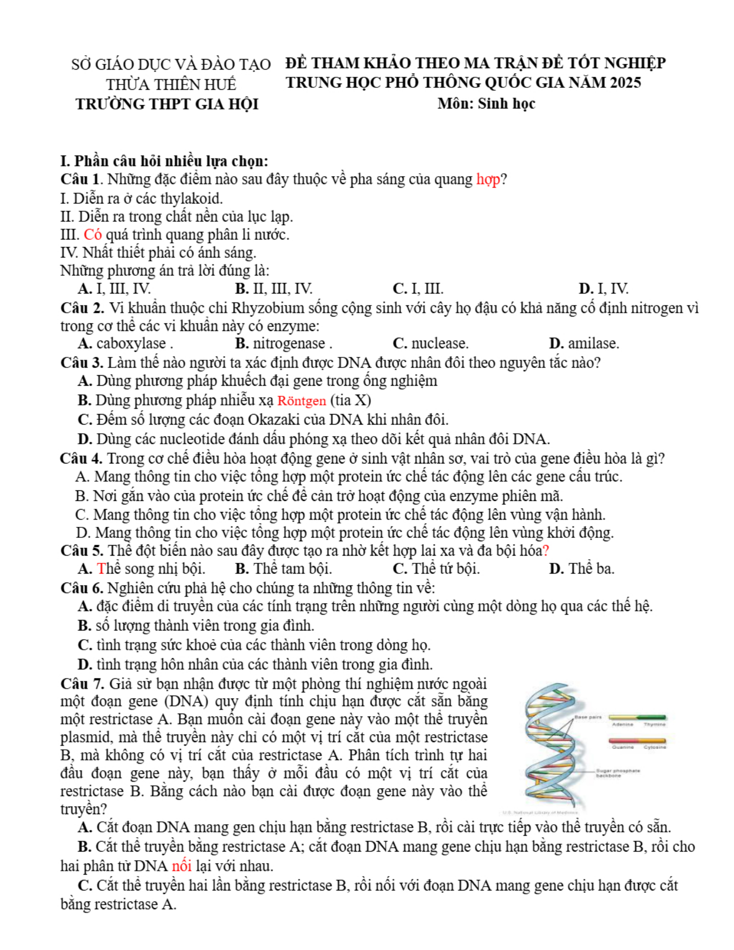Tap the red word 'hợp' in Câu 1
(488, 179)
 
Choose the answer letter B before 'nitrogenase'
(241, 344)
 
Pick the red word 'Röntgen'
(301, 401)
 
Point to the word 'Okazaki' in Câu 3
(273, 420)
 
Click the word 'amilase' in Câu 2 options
(593, 344)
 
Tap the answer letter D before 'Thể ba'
(556, 569)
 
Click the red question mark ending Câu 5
(545, 551)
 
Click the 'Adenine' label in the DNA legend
(623, 724)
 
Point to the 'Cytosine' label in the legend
(654, 747)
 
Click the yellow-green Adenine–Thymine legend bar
(637, 717)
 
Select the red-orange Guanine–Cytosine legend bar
(637, 741)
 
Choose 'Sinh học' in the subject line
(506, 104)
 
